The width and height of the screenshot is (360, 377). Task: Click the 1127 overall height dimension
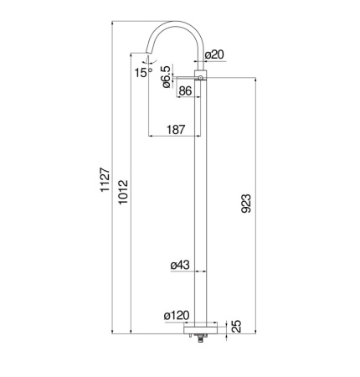[x=105, y=179]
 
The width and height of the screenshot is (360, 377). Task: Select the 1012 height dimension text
[x=123, y=192]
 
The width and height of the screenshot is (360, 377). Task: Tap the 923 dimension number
[x=246, y=204]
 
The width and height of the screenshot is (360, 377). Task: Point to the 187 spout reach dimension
[x=176, y=130]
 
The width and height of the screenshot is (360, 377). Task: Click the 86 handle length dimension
[x=185, y=90]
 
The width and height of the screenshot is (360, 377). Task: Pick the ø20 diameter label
[x=214, y=54]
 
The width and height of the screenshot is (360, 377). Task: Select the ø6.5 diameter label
[x=166, y=77]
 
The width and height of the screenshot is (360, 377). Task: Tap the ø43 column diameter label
[x=180, y=265]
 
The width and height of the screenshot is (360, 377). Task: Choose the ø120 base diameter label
[x=177, y=316]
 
